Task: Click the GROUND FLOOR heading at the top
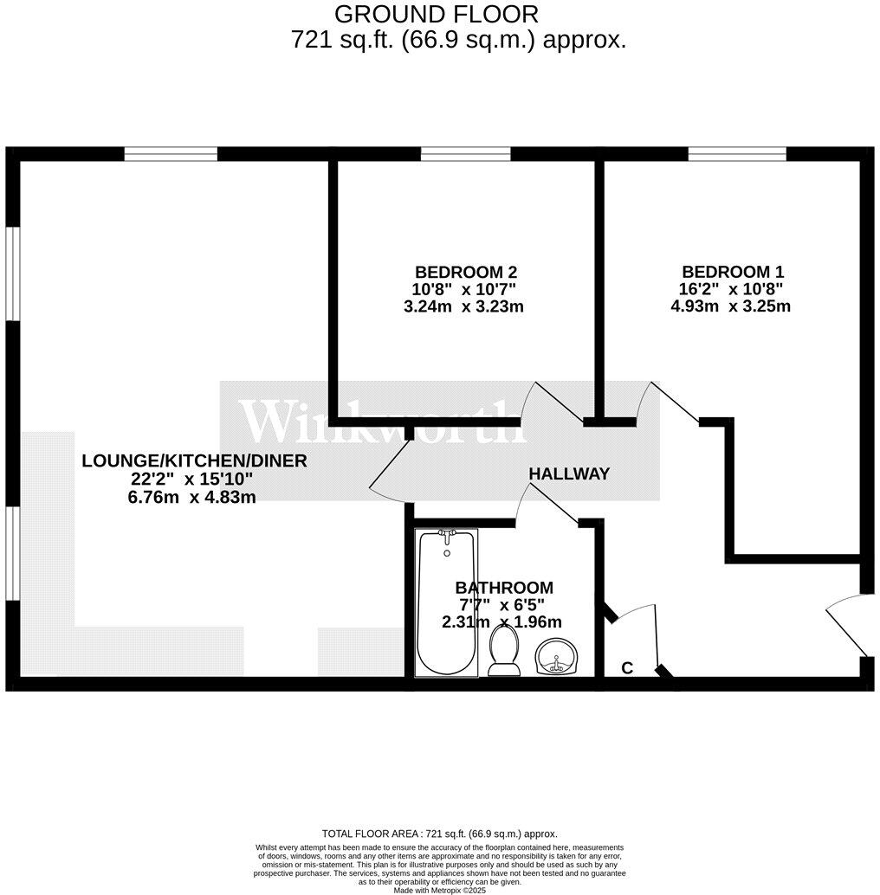coord(436,14)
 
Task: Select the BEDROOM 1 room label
coord(732,271)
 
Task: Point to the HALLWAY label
coord(569,473)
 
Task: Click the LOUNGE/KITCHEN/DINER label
coord(194,460)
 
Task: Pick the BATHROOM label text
coord(504,588)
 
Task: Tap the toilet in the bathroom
coord(503,651)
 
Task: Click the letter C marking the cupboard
coord(627,667)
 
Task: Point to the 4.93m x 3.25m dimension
coord(730,306)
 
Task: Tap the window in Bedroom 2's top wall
coord(465,154)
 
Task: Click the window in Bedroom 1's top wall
coord(737,154)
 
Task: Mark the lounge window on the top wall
coord(170,154)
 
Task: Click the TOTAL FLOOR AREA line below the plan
coord(439,833)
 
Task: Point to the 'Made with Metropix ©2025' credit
coord(439,890)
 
